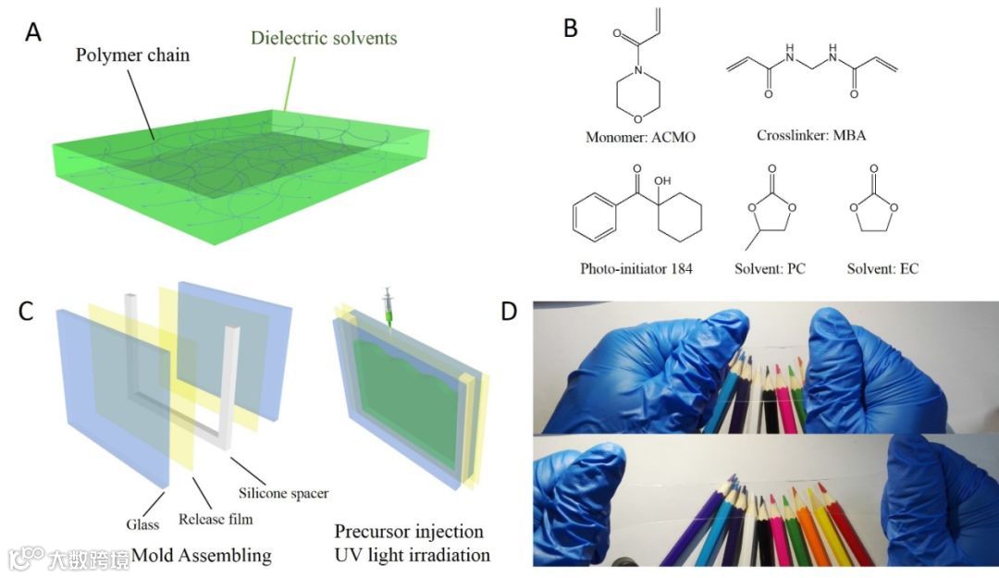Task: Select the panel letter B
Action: pos(571,29)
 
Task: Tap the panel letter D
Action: pos(509,312)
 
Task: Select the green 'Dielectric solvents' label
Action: pos(324,38)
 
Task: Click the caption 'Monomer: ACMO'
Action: pos(640,138)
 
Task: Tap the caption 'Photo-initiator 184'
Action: pos(636,269)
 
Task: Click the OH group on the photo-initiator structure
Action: pos(662,182)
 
